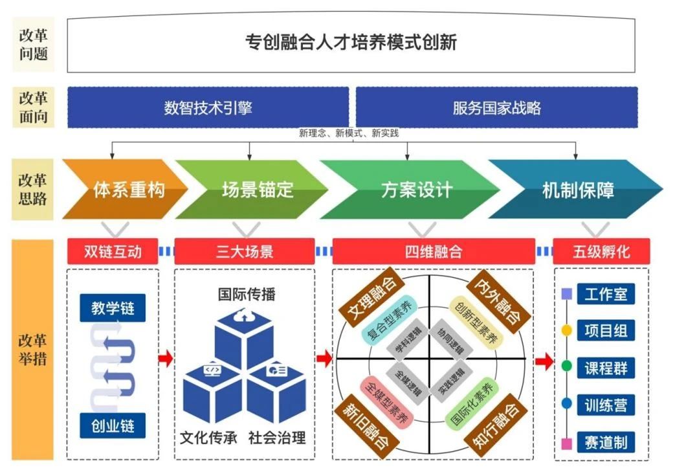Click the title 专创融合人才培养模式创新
coord(351,42)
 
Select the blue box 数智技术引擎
coord(208,107)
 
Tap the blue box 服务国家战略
coord(496,107)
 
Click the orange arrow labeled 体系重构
coord(125,190)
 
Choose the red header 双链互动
coord(113,251)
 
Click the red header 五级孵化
coord(601,251)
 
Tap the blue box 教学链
coord(113,308)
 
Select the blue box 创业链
coord(113,425)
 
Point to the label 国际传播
coord(246,294)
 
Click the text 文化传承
coord(208,438)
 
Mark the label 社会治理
coord(277,438)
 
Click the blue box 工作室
coord(606,294)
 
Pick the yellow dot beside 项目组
coord(567,330)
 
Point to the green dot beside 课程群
coord(567,366)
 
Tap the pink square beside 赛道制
coord(567,443)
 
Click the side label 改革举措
coord(33,349)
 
